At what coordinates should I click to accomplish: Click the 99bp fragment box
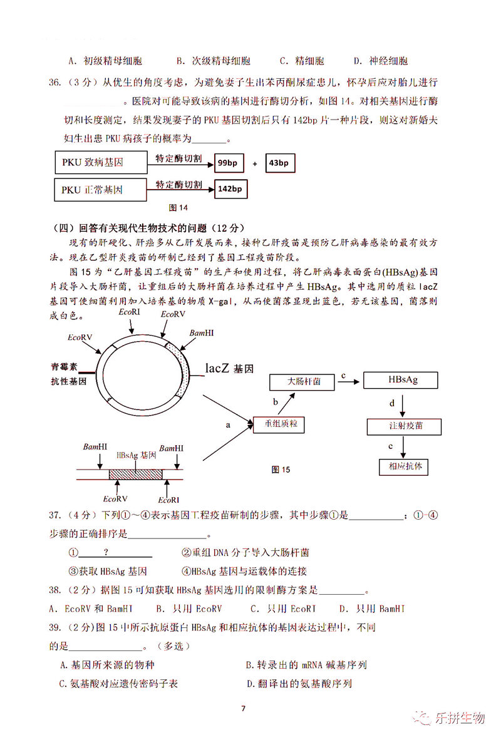228,163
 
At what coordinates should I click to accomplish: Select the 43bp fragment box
279,163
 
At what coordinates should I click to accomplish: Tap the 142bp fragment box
230,188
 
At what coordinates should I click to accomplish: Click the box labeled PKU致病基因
100,163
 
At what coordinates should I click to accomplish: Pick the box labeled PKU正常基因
100,189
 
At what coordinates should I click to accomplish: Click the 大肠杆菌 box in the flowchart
304,381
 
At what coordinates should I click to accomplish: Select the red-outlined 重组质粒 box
279,424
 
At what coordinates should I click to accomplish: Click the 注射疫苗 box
405,426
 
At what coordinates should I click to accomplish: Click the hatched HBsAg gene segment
135,474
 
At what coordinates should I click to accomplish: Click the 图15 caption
281,470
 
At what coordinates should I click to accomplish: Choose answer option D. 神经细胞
380,61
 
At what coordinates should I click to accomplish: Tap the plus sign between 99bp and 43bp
255,164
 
